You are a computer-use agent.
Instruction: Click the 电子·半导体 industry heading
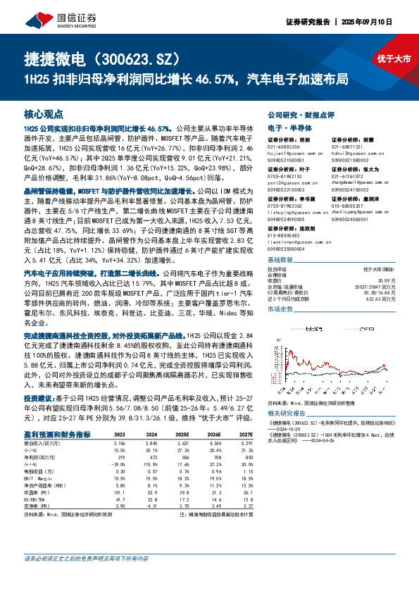click(286, 127)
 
